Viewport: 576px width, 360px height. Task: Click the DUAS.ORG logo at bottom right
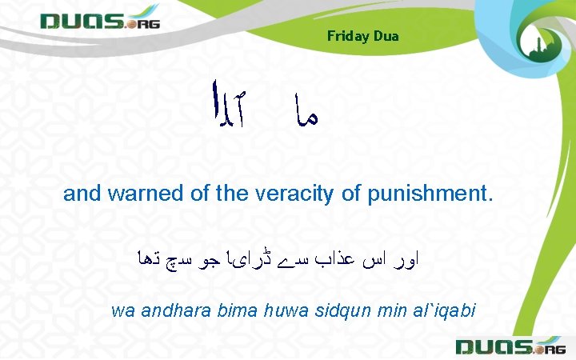[510, 346]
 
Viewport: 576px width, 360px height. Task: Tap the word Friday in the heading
[348, 36]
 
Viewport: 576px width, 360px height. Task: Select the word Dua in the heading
[386, 36]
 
